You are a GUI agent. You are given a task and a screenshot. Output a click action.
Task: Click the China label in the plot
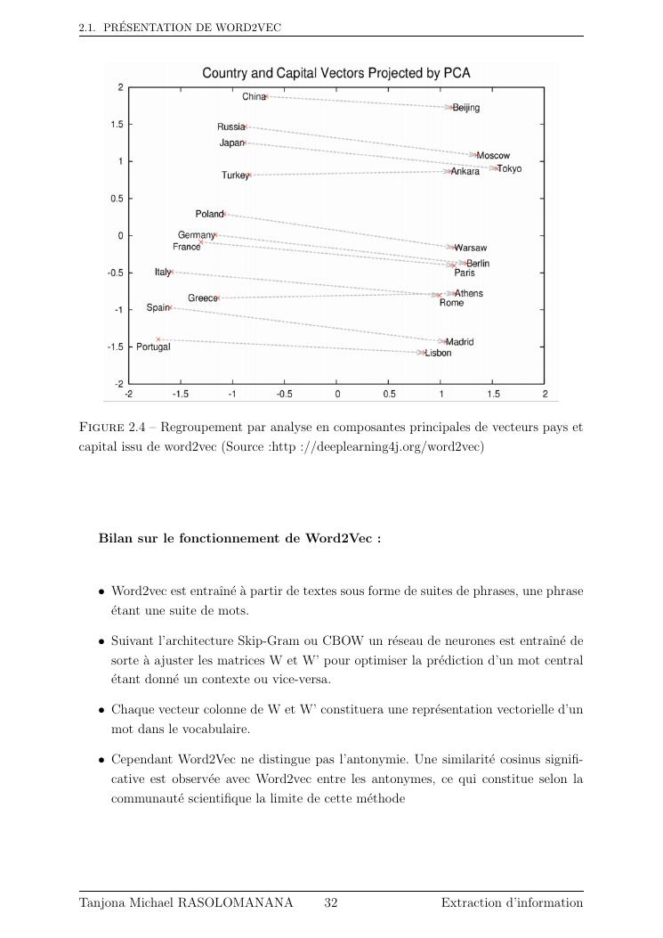pyautogui.click(x=253, y=96)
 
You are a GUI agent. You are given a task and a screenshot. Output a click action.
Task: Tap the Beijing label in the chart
pyautogui.click(x=466, y=108)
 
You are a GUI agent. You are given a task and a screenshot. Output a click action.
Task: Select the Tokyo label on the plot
pyautogui.click(x=510, y=168)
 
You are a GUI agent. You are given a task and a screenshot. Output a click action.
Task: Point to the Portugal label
pyautogui.click(x=153, y=347)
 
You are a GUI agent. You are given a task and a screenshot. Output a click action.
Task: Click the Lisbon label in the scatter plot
pyautogui.click(x=439, y=353)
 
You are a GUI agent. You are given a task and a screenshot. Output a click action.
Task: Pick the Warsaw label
pyautogui.click(x=471, y=248)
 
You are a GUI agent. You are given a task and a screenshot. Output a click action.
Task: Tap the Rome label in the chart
pyautogui.click(x=451, y=303)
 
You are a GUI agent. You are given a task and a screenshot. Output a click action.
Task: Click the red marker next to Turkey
pyautogui.click(x=250, y=175)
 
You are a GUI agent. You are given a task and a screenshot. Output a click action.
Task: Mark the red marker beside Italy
pyautogui.click(x=173, y=273)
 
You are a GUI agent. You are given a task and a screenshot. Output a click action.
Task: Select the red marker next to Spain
pyautogui.click(x=171, y=307)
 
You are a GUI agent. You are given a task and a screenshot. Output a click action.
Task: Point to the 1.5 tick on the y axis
pyautogui.click(x=117, y=125)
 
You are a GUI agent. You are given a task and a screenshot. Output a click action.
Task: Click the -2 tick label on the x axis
pyautogui.click(x=129, y=394)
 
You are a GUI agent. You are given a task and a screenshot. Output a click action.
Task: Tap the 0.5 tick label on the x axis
pyautogui.click(x=389, y=394)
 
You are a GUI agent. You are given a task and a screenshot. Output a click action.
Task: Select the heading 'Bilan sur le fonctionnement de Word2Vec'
pyautogui.click(x=239, y=538)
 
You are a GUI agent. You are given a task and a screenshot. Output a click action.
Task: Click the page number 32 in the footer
pyautogui.click(x=331, y=902)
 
